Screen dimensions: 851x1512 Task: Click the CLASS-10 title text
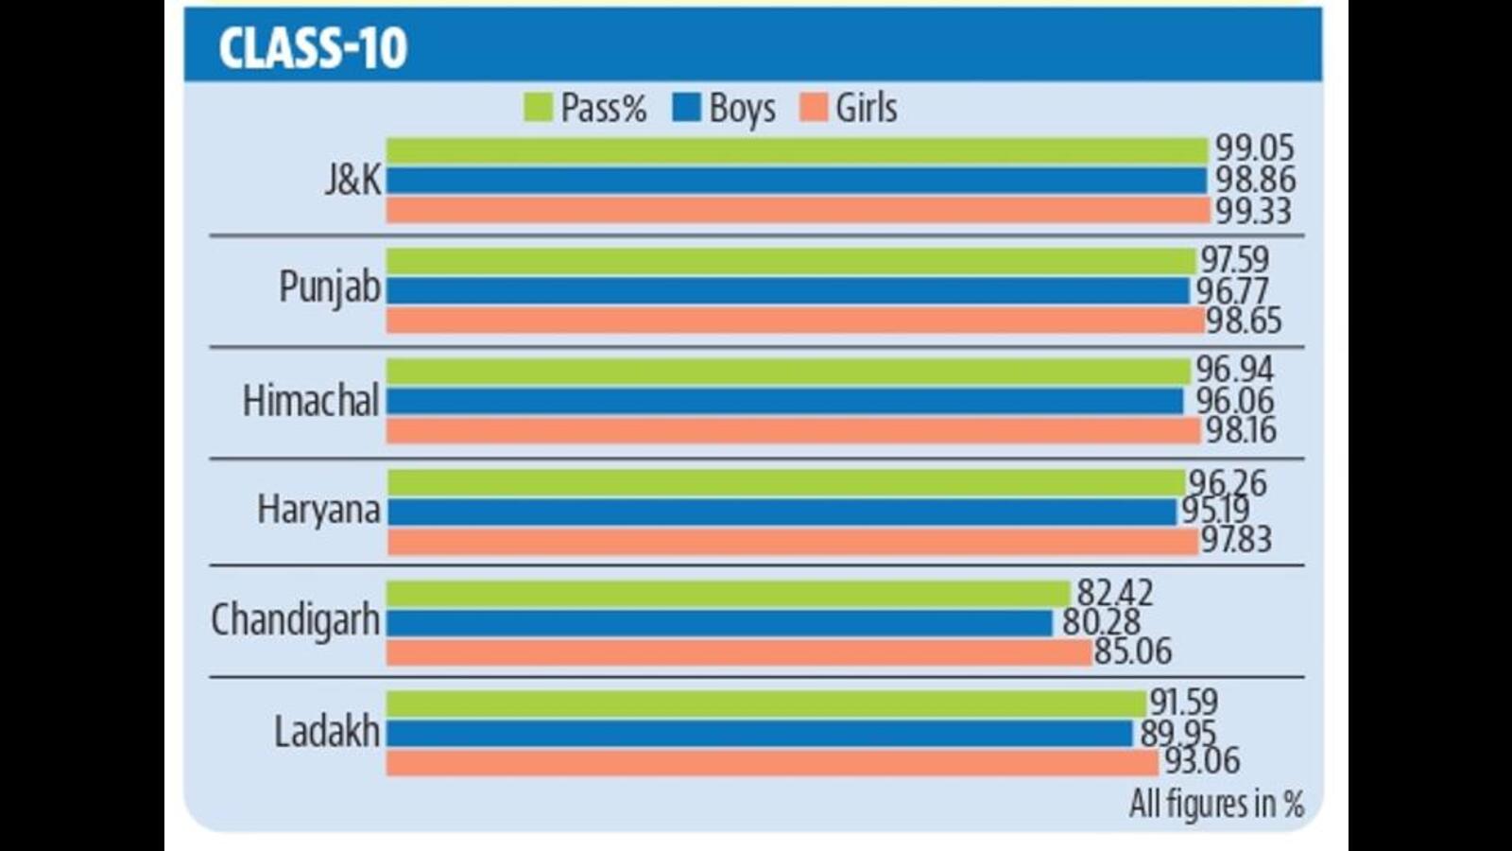pyautogui.click(x=313, y=48)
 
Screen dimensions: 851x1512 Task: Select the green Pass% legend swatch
pyautogui.click(x=538, y=108)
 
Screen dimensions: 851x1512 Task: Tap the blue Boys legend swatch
pyautogui.click(x=686, y=108)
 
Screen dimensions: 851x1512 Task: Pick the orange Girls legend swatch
pyautogui.click(x=813, y=108)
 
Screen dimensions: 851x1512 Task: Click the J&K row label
pyautogui.click(x=352, y=180)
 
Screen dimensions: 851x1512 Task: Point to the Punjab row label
pyautogui.click(x=329, y=287)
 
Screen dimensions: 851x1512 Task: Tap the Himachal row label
pyautogui.click(x=311, y=400)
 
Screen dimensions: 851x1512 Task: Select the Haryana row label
pyautogui.click(x=318, y=511)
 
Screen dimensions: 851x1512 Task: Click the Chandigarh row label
pyautogui.click(x=295, y=621)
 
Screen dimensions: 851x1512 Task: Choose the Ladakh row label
pyautogui.click(x=327, y=732)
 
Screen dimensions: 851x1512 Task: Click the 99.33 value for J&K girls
pyautogui.click(x=1253, y=211)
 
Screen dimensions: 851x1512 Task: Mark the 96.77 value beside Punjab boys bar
pyautogui.click(x=1232, y=290)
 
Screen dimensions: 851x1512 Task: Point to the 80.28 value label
pyautogui.click(x=1101, y=622)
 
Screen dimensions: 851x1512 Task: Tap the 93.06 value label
pyautogui.click(x=1202, y=760)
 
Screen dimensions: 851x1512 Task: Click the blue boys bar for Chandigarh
pyautogui.click(x=718, y=623)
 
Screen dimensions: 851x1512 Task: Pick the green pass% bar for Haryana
pyautogui.click(x=784, y=483)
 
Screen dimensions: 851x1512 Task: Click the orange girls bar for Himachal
pyautogui.click(x=792, y=431)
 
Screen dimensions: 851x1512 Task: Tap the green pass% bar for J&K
pyautogui.click(x=796, y=150)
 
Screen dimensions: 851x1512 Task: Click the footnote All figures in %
pyautogui.click(x=1216, y=804)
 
